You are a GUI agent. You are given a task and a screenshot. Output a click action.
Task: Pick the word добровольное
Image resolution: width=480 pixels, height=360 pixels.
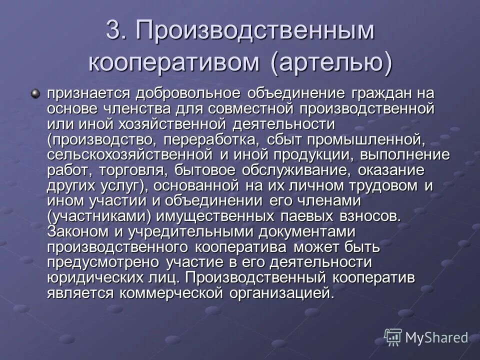[x=174, y=93]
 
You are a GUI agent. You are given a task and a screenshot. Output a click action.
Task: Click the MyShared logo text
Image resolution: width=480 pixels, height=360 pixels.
[x=436, y=337]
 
